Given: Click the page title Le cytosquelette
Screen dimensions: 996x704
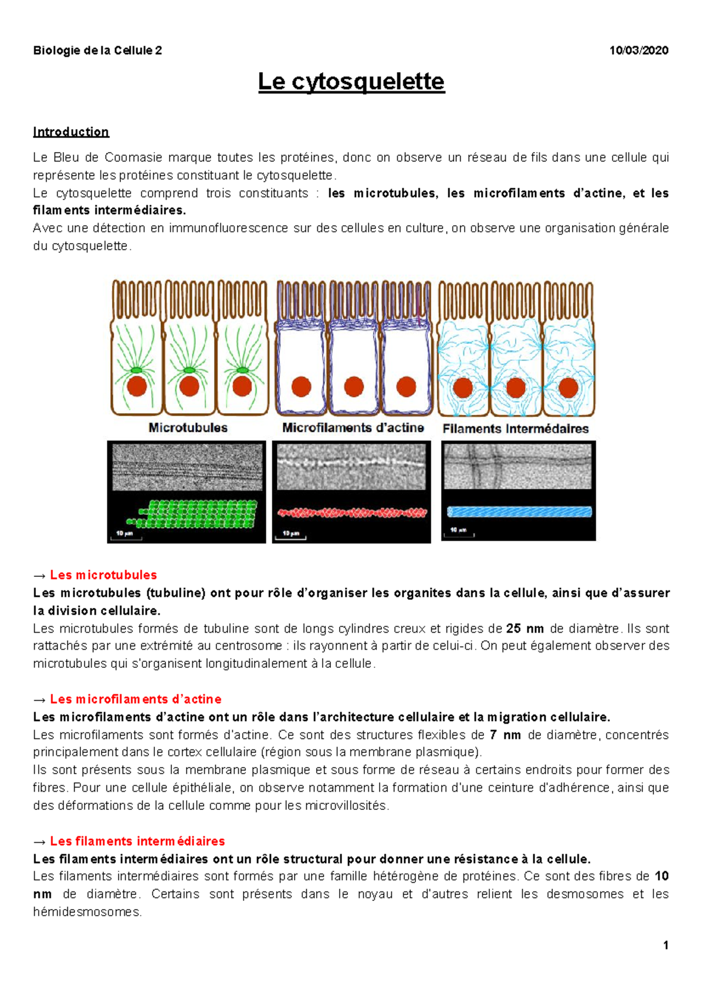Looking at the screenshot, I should pos(351,82).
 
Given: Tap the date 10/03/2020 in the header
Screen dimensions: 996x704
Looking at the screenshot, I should pos(638,50).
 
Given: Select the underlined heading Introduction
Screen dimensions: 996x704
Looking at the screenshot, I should pos(71,131).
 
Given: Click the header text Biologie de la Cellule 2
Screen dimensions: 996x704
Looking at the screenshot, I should pos(97,50).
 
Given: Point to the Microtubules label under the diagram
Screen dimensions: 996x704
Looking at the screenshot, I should pos(188,427).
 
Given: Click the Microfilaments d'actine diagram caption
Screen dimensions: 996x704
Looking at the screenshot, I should pos(353,427).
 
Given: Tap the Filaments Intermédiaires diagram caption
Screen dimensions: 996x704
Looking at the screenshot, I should pos(515,428).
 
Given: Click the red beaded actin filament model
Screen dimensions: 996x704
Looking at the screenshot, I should pos(351,512).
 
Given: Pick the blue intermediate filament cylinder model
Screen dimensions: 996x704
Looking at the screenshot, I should pos(519,512).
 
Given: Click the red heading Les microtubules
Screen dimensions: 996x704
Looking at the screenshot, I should pos(103,575).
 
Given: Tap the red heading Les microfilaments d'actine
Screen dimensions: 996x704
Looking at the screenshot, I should pos(136,699).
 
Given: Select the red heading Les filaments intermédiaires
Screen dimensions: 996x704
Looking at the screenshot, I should pos(137,841).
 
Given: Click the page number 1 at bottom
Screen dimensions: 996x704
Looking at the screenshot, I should pos(665,945).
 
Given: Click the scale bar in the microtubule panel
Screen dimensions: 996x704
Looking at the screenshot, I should pos(126,536).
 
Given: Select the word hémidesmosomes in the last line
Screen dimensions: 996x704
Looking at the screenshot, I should pos(87,912).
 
